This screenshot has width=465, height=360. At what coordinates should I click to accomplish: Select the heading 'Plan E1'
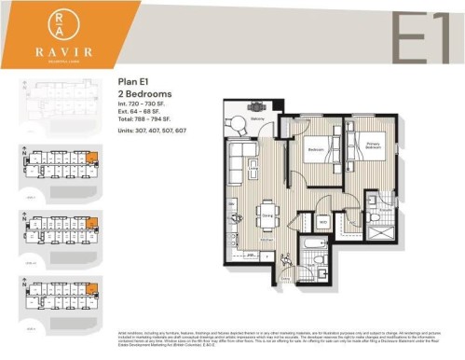coord(133,83)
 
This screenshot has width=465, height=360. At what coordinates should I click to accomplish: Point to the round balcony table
coord(257,107)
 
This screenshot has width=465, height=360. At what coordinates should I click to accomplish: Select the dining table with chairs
coord(267,206)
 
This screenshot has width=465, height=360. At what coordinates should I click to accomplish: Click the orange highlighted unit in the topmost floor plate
coord(91,156)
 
